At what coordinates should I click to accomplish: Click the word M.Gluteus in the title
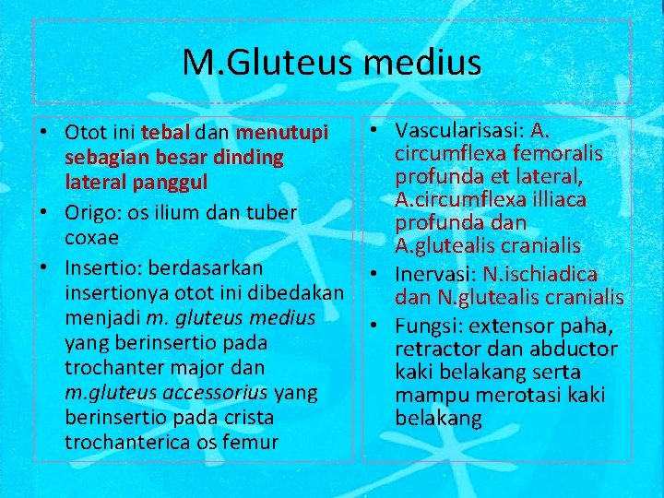[x=268, y=63]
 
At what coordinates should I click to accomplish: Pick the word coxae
[x=91, y=236]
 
